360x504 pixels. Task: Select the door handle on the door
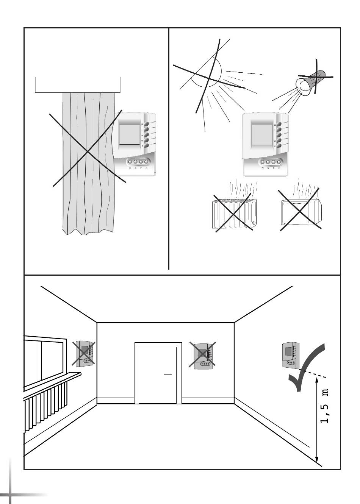[x=168, y=374]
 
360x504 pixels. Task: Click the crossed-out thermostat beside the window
[x=83, y=353]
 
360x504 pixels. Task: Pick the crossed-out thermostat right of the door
[x=202, y=356]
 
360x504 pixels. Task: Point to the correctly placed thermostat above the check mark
[x=291, y=355]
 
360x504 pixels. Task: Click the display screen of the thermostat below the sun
[x=261, y=134]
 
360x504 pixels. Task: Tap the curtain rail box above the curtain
[x=78, y=85]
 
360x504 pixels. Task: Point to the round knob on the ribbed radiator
[x=254, y=223]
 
